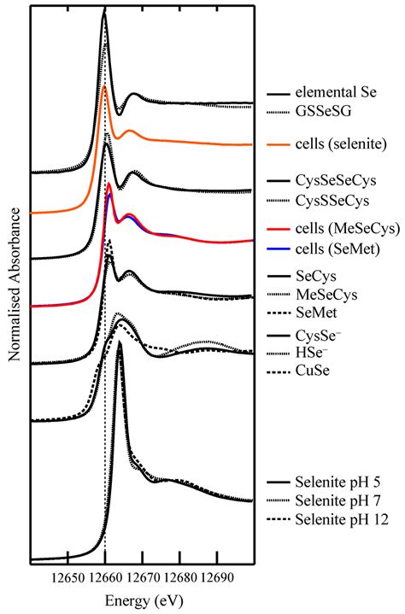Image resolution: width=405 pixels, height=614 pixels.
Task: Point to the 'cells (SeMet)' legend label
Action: (x=334, y=248)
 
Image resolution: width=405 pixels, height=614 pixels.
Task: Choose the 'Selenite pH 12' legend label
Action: (x=338, y=518)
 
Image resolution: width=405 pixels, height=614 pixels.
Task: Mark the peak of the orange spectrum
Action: (x=104, y=88)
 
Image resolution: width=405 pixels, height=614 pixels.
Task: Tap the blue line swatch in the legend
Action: (x=279, y=248)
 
